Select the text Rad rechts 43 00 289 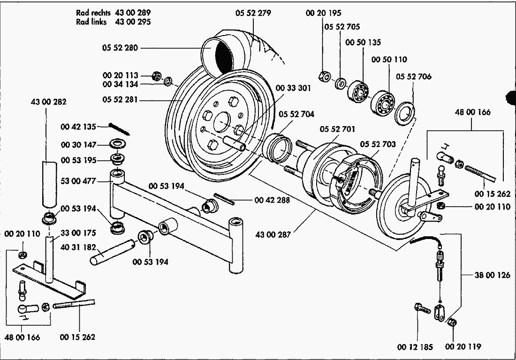click(x=113, y=13)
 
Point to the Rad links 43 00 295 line click(x=113, y=22)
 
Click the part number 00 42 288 click(x=272, y=200)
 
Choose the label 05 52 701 click(x=338, y=129)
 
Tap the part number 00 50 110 click(x=389, y=60)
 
